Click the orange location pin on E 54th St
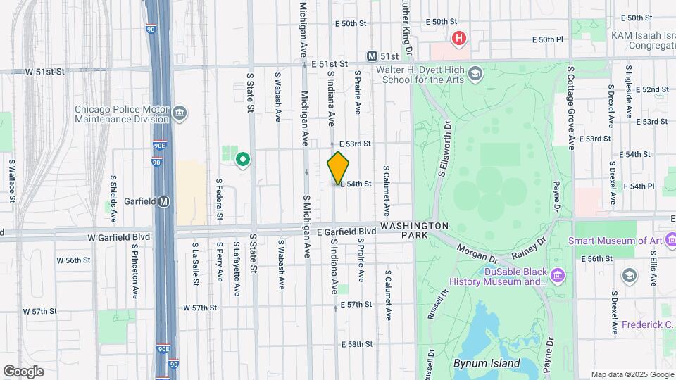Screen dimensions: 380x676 point(339,167)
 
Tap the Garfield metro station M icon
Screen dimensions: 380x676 point(164,201)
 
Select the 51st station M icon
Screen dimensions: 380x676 point(372,56)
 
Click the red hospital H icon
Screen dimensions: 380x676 point(459,38)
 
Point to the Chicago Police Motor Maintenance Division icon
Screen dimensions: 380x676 point(180,113)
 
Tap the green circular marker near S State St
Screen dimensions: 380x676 point(243,160)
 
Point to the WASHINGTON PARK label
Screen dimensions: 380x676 point(415,230)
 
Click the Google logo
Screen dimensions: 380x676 point(23,372)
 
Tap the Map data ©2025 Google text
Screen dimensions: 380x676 point(632,374)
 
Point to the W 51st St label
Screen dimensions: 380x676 point(44,72)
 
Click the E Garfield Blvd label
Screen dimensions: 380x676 point(346,232)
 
